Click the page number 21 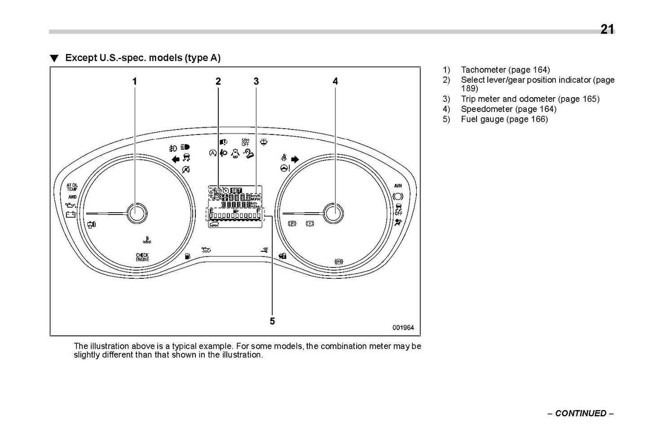[607, 29]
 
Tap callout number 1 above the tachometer [134, 81]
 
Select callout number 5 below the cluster [272, 321]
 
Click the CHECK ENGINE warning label [142, 257]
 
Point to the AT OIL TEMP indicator [72, 187]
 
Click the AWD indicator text [72, 197]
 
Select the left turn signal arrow [176, 158]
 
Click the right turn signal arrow [295, 159]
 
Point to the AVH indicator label [398, 186]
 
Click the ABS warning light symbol [339, 261]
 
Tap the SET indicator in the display [236, 190]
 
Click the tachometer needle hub [137, 213]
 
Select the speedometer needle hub [334, 213]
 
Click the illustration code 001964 [403, 328]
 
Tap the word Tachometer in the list [483, 70]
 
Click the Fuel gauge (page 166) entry [504, 119]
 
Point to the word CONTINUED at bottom [580, 413]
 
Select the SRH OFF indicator [245, 142]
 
